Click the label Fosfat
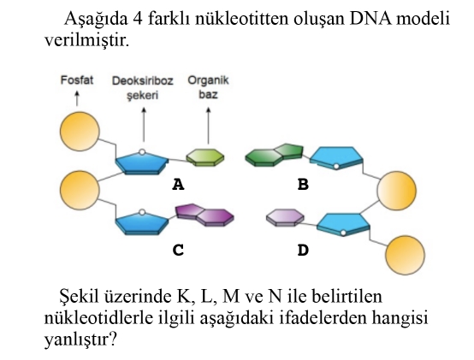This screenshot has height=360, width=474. pyautogui.click(x=77, y=80)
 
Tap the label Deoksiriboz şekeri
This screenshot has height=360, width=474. pyautogui.click(x=142, y=88)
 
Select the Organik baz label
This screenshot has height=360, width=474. pyautogui.click(x=208, y=87)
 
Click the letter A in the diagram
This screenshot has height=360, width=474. pyautogui.click(x=178, y=184)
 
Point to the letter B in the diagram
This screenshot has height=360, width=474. pyautogui.click(x=303, y=184)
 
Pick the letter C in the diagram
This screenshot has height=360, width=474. pyautogui.click(x=178, y=250)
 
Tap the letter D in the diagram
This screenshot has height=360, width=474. pyautogui.click(x=303, y=250)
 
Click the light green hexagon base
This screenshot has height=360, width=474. pyautogui.click(x=205, y=157)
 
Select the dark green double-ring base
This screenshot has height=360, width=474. pyautogui.click(x=274, y=155)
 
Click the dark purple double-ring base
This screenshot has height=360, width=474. pyautogui.click(x=204, y=215)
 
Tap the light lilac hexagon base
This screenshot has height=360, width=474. pyautogui.click(x=285, y=217)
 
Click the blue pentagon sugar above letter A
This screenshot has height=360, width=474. pyautogui.click(x=142, y=162)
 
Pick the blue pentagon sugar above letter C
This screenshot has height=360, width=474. pyautogui.click(x=142, y=222)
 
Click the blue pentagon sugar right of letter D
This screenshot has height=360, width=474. pyautogui.click(x=343, y=225)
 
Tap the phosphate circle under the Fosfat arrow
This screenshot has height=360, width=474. pyautogui.click(x=80, y=132)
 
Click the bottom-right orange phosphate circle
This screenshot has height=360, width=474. pyautogui.click(x=405, y=255)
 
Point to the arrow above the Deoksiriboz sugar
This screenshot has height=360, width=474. pyautogui.click(x=144, y=125)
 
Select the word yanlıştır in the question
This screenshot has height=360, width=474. pyautogui.click(x=80, y=339)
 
